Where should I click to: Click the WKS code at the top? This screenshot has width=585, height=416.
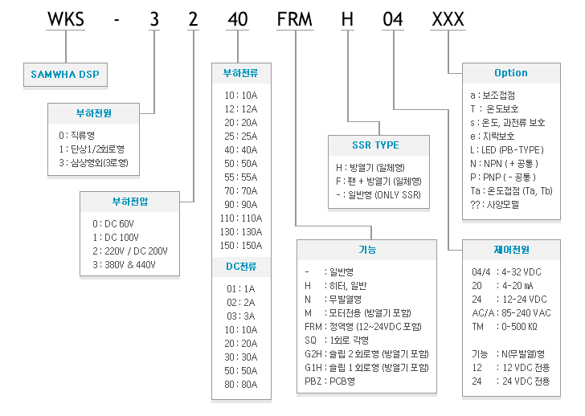click(x=66, y=19)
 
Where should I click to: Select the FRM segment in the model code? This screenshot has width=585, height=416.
click(x=294, y=19)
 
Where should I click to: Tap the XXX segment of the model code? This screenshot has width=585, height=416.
click(x=448, y=19)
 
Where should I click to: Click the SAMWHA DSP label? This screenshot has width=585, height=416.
click(x=65, y=74)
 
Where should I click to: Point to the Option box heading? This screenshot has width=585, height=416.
click(x=511, y=73)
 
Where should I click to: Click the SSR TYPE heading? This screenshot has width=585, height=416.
click(x=376, y=145)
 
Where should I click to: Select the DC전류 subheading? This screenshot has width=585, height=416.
click(x=241, y=266)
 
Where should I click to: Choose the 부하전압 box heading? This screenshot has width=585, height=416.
click(x=130, y=202)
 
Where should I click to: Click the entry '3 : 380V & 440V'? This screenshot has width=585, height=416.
click(x=124, y=265)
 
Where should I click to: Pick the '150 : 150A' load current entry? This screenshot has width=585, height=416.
click(x=241, y=245)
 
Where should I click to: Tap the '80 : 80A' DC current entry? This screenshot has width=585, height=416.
click(x=241, y=385)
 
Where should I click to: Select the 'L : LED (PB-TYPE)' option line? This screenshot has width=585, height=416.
click(x=507, y=150)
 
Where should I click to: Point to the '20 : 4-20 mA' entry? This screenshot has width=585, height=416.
click(x=502, y=286)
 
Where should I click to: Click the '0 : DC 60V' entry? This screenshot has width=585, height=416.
click(x=113, y=223)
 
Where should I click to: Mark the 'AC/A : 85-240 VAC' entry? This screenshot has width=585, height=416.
click(x=511, y=312)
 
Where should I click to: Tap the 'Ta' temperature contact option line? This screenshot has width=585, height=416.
click(x=511, y=191)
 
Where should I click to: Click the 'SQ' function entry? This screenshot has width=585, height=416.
click(x=337, y=340)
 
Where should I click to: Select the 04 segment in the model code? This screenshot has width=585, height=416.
click(x=393, y=19)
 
